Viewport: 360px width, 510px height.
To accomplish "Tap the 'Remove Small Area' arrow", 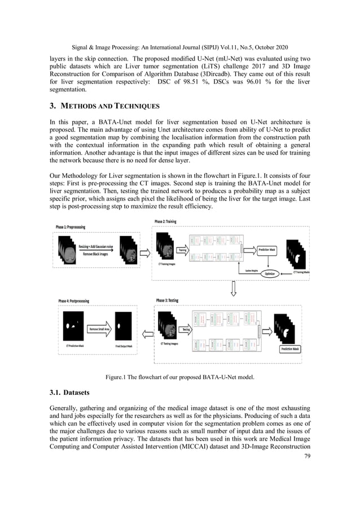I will [x=99, y=328].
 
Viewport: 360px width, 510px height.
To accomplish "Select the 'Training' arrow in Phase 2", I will [x=182, y=250].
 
